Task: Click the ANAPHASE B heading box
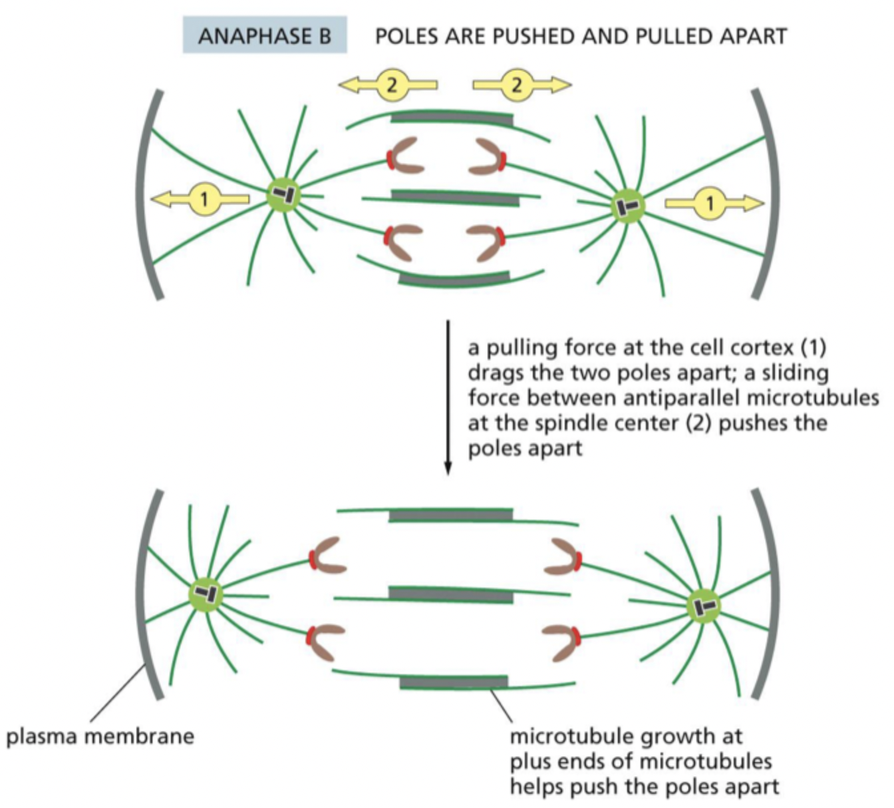click(x=265, y=35)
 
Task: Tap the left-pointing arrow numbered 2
click(x=389, y=85)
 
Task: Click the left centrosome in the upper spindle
click(x=284, y=195)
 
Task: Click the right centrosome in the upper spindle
click(x=627, y=206)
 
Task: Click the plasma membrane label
click(x=100, y=736)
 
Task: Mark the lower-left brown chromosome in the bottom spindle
click(x=326, y=639)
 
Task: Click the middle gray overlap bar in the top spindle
click(x=455, y=197)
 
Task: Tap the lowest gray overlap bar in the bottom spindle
click(x=454, y=682)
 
